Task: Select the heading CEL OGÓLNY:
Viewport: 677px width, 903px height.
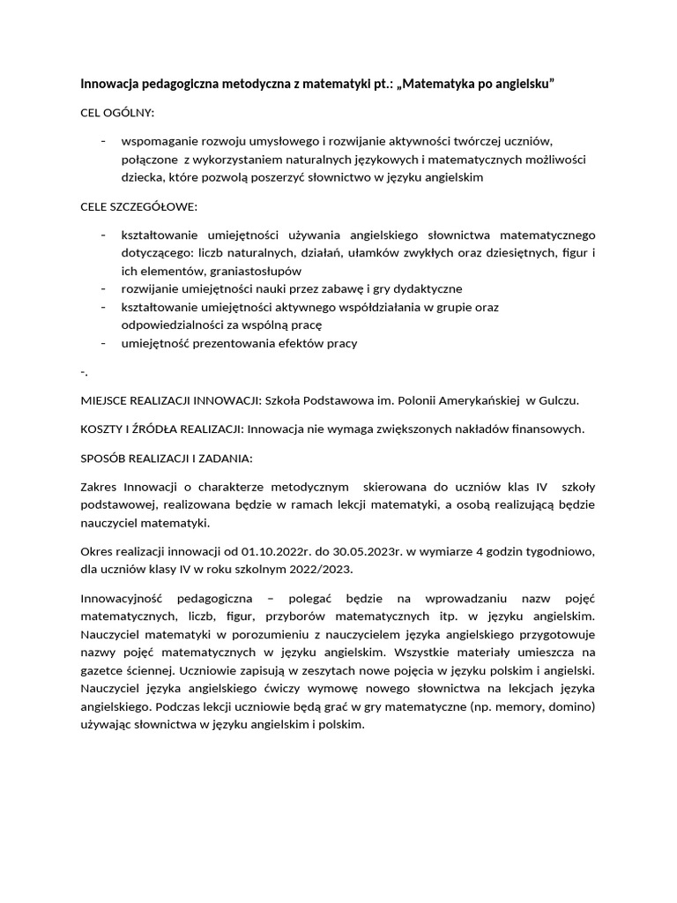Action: tap(117, 113)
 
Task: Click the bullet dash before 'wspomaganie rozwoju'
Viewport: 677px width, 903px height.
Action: tap(104, 141)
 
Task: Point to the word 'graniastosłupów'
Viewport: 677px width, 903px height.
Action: tap(232, 271)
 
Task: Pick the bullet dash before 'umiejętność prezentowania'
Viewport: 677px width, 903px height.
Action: tap(104, 343)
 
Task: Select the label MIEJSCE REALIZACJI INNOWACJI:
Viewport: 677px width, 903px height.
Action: tap(171, 399)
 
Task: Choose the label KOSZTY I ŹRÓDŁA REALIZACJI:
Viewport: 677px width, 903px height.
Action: tap(162, 429)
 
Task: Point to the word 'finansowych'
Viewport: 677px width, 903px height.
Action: tap(547, 429)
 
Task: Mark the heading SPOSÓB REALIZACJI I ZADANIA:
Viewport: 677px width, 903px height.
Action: tap(167, 458)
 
